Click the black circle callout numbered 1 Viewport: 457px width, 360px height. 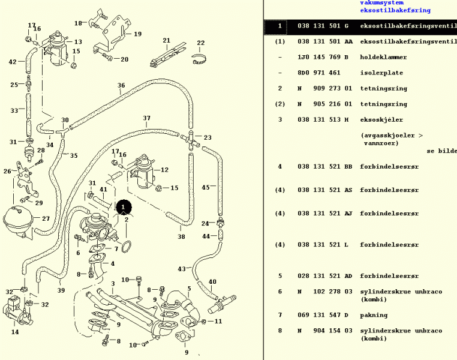click(x=124, y=207)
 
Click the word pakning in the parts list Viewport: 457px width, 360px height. click(x=374, y=315)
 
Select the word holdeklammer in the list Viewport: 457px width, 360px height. click(x=383, y=58)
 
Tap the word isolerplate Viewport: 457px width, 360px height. click(x=381, y=73)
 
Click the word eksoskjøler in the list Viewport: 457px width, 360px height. click(x=381, y=120)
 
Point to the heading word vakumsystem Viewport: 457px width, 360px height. click(x=381, y=3)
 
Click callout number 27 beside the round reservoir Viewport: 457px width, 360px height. click(x=46, y=218)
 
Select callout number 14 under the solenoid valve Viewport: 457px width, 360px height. click(x=15, y=332)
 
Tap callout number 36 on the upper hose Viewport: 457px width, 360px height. click(x=121, y=86)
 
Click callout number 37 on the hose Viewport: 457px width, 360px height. click(x=146, y=118)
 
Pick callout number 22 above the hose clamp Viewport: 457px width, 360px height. click(x=200, y=43)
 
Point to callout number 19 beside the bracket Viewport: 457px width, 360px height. click(x=137, y=34)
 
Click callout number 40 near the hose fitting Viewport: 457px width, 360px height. click(x=212, y=282)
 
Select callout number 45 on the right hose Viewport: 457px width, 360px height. click(x=205, y=187)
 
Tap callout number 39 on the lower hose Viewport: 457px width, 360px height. click(x=61, y=290)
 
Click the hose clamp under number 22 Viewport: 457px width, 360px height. click(x=202, y=59)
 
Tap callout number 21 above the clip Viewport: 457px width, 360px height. click(x=167, y=41)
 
